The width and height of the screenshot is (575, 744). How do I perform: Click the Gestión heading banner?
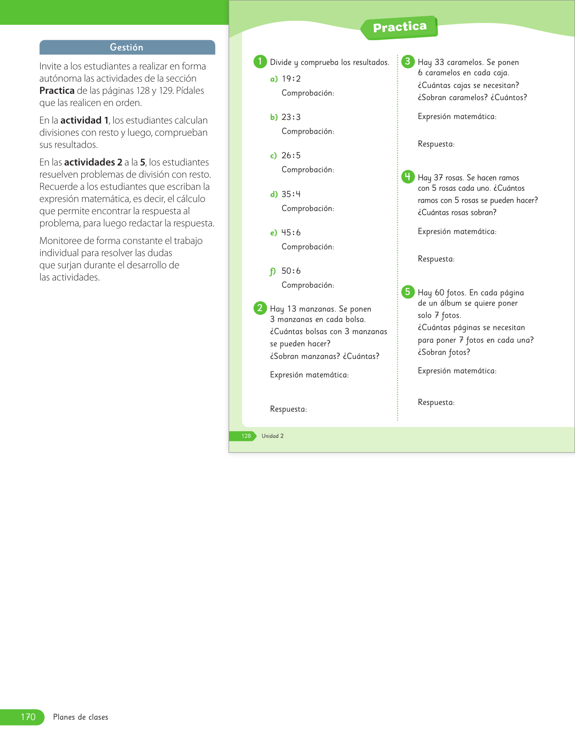coord(127,47)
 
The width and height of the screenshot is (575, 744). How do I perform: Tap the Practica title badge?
coord(400,28)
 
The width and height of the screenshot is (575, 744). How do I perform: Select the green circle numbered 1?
coord(260,61)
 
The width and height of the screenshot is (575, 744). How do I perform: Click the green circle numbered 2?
coord(260,308)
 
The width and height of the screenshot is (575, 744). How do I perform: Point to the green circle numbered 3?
coord(408,61)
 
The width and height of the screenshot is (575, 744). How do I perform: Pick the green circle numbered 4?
coord(408,177)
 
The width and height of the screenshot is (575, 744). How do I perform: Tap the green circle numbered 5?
coord(408,292)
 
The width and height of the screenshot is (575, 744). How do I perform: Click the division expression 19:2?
coord(291,79)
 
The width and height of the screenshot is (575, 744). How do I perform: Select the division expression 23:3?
coord(291,117)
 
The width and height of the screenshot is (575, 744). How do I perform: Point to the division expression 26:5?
coord(291,156)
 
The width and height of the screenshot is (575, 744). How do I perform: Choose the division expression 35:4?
coord(291,194)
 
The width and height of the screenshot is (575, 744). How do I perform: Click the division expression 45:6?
coord(291,233)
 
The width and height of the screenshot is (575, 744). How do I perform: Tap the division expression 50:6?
coord(291,271)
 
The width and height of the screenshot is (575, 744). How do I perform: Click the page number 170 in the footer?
coord(28,717)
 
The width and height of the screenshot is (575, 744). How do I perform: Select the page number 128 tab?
coord(246,436)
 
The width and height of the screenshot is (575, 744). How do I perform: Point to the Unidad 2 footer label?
coord(272,436)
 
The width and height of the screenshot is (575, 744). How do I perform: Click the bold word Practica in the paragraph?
coord(57,91)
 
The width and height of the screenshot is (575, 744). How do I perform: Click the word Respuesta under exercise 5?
coord(436,402)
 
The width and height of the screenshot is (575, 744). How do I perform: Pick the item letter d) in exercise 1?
coord(274,194)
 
